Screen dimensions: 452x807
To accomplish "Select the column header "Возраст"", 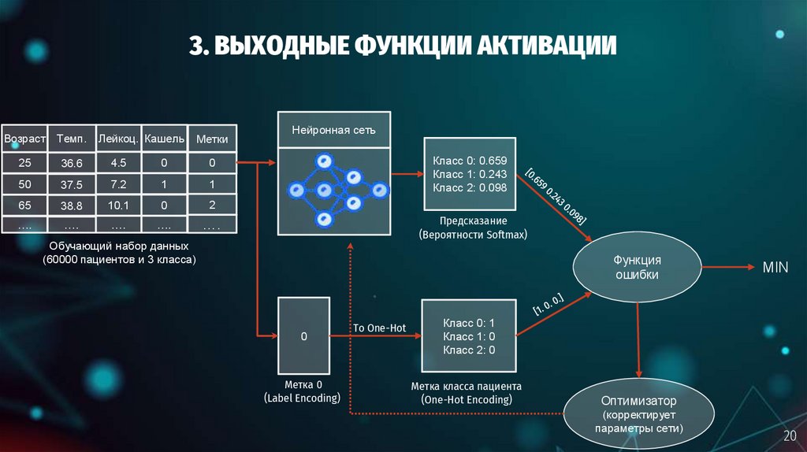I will coord(24,139).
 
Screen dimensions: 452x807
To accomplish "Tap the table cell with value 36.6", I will coord(72,163).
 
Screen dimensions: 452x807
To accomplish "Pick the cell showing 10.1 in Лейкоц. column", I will coord(119,206).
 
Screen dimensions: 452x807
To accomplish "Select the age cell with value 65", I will coord(24,206).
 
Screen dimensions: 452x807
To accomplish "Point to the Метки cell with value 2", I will coord(212,206).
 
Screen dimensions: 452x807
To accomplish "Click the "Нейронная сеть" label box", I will coord(334,129).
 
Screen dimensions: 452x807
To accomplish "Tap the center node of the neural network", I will coord(323,190).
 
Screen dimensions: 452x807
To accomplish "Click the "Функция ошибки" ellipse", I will coord(637,268).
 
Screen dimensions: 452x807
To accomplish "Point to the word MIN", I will coord(775,268).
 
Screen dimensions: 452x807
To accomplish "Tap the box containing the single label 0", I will coord(303,336).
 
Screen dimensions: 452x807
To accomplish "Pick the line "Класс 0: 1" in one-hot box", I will coord(468,323).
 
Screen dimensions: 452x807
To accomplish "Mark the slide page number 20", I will coord(789,436).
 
